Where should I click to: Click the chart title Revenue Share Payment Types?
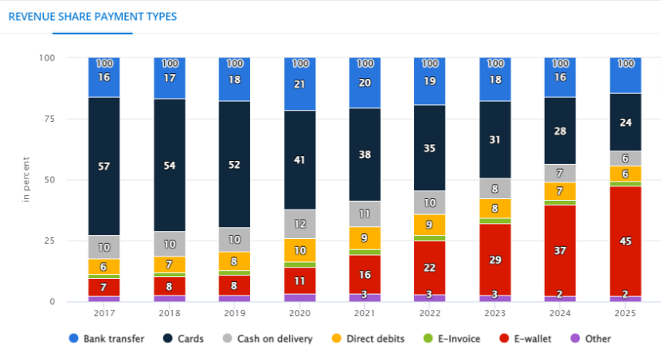(92, 16)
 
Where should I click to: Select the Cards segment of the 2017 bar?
(104, 166)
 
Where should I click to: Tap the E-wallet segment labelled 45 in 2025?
(625, 241)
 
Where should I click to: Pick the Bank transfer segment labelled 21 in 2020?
(299, 84)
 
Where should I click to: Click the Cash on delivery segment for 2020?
(299, 224)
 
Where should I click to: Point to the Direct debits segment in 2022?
(430, 225)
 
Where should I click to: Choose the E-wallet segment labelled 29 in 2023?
(495, 260)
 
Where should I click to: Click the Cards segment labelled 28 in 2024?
(560, 131)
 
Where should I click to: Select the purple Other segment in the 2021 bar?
(365, 297)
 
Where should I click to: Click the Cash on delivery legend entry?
(268, 338)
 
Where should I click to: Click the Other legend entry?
(590, 338)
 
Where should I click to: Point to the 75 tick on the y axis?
(49, 118)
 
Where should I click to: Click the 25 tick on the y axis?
(49, 241)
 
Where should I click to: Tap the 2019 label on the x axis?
(234, 314)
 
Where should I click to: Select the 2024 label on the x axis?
(560, 314)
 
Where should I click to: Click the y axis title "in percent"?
(27, 179)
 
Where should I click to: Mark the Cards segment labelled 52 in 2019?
(234, 164)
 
